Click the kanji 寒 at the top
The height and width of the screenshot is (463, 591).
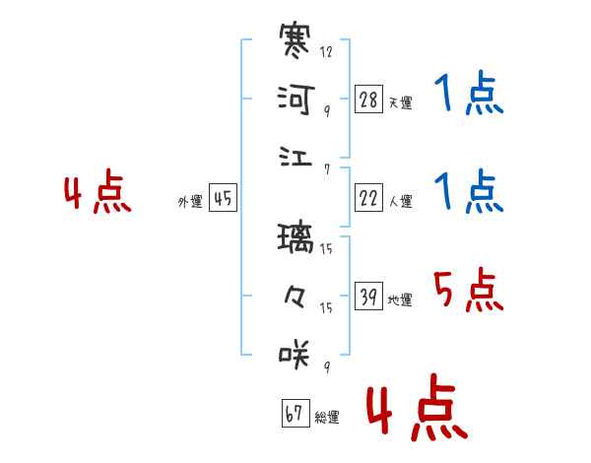coord(295,40)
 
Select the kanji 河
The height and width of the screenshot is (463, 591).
coord(295,99)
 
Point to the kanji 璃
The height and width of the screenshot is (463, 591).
coord(295,237)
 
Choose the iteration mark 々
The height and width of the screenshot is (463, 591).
coord(295,297)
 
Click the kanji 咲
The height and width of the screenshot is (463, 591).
coord(295,355)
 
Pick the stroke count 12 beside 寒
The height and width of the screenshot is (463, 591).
coord(326,51)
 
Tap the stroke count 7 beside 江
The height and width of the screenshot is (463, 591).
coord(327,169)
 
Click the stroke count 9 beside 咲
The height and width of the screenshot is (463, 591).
coord(327,366)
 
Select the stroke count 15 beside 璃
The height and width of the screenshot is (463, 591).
coord(326,248)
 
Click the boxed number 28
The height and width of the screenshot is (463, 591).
coord(368,99)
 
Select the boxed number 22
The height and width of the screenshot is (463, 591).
coord(368,198)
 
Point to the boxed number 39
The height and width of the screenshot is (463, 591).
coord(368,296)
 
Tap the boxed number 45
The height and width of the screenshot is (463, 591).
coord(223,198)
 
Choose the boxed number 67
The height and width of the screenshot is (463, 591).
coord(295,413)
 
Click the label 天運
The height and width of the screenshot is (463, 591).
coord(401,102)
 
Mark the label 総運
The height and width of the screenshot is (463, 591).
coord(327,417)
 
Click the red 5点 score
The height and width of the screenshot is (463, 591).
coord(469,290)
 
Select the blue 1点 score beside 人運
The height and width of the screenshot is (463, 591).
coord(469,191)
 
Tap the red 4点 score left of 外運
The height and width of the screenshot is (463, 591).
coord(98,191)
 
